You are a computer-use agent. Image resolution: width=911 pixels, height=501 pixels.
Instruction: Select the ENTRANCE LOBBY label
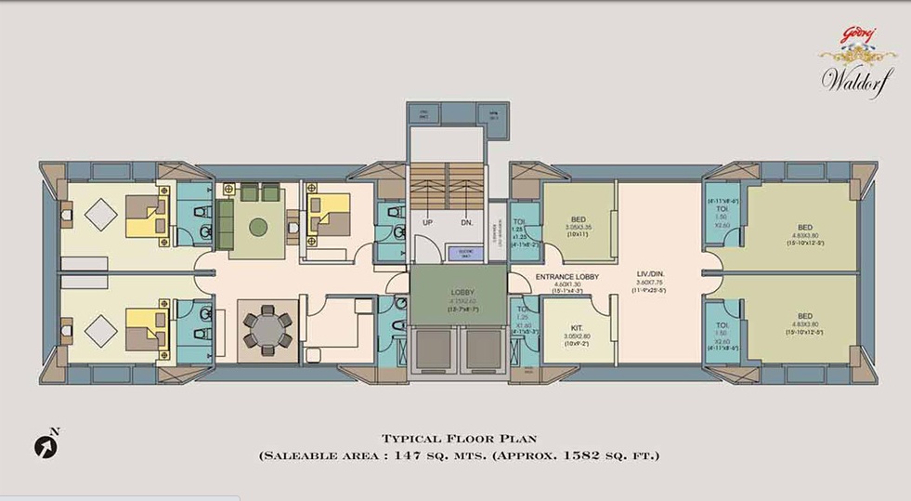[567, 277]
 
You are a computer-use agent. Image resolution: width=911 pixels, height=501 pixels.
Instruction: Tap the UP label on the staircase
[428, 223]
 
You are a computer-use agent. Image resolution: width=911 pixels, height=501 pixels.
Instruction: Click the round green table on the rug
[259, 227]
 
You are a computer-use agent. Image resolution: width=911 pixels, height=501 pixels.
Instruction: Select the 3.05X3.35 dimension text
[578, 228]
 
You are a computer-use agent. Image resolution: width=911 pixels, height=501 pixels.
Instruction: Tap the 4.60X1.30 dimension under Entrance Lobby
[567, 285]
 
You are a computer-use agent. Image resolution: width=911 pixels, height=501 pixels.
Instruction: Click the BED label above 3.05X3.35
[578, 219]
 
